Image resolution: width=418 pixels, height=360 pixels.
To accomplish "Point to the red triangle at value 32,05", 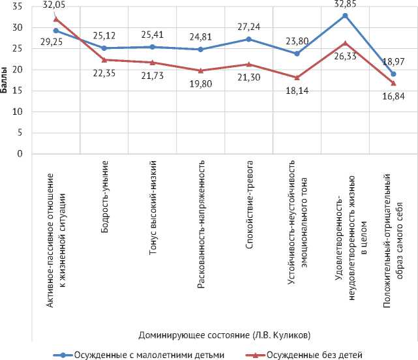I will point(56,19).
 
